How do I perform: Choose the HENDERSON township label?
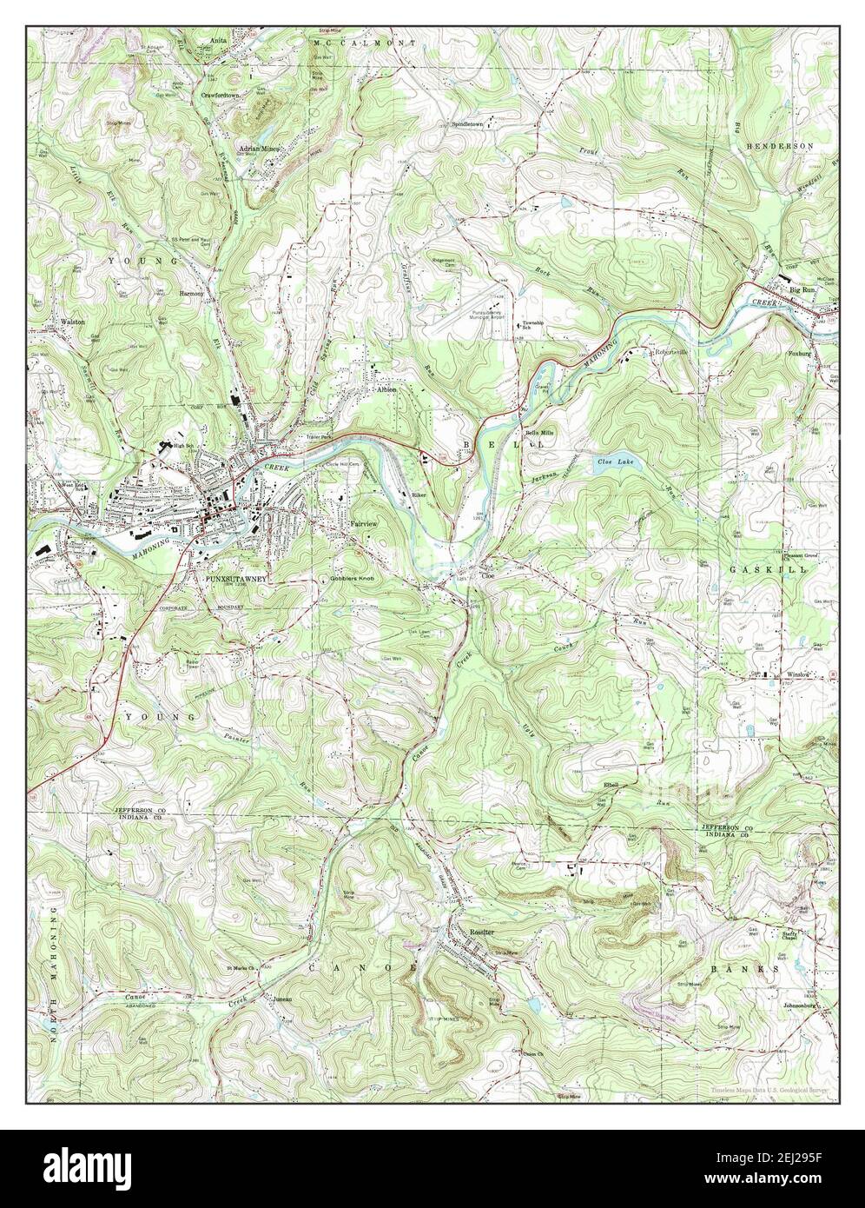[782, 145]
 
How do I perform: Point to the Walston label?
[72, 322]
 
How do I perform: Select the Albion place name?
[386, 390]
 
